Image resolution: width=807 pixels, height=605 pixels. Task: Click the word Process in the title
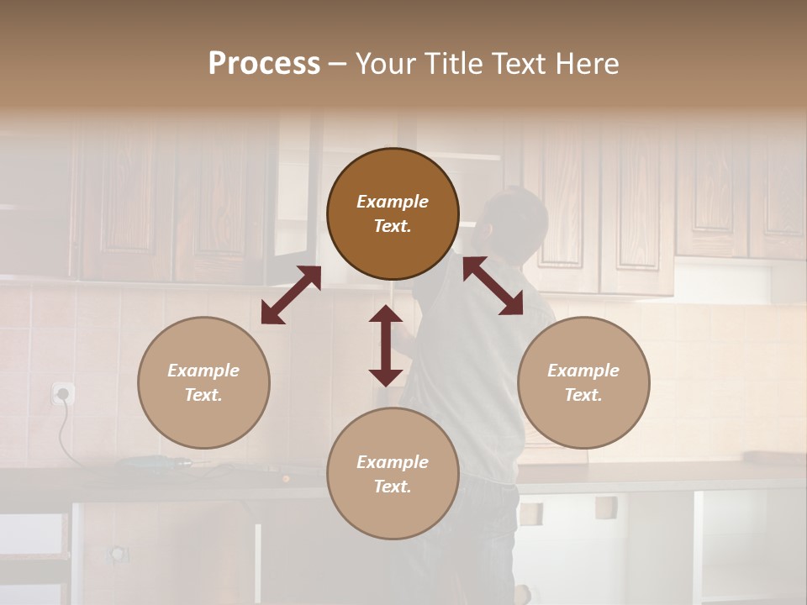[264, 64]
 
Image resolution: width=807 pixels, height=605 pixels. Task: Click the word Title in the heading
[453, 64]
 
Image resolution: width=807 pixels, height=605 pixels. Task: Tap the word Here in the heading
[586, 64]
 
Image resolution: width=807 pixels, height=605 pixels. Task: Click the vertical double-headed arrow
[386, 345]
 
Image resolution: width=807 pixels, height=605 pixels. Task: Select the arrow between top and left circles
[291, 295]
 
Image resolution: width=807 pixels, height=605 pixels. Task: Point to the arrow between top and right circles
[493, 286]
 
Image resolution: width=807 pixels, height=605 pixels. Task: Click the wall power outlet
[63, 392]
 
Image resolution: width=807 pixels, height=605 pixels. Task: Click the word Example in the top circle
[393, 202]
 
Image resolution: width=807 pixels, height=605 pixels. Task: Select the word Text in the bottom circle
[392, 487]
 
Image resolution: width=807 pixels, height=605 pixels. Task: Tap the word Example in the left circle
[203, 371]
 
